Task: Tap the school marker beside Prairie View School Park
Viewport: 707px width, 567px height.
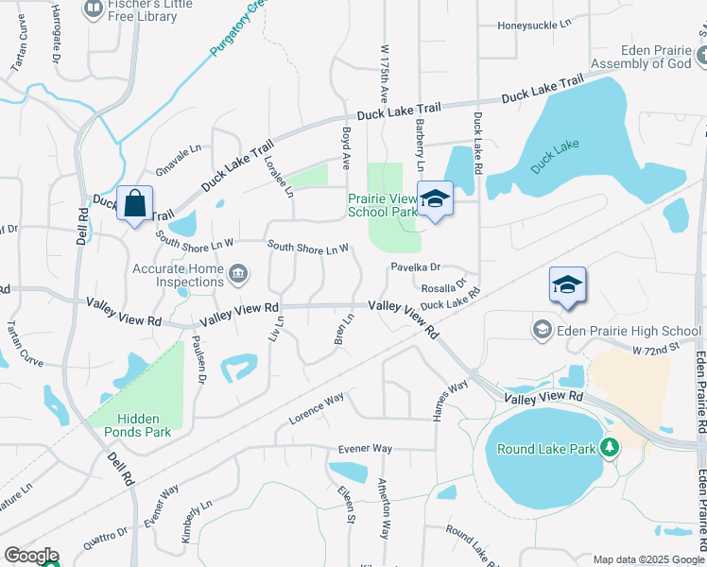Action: tap(435, 199)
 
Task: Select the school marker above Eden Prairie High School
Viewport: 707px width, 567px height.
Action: tap(567, 284)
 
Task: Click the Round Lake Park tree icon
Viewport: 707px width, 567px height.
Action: tap(611, 446)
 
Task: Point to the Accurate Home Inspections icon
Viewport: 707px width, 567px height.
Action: tap(239, 275)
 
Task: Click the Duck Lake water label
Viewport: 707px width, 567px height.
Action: tap(554, 157)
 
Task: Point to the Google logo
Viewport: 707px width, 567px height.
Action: tap(31, 556)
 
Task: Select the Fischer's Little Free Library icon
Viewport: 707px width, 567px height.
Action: tap(94, 9)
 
